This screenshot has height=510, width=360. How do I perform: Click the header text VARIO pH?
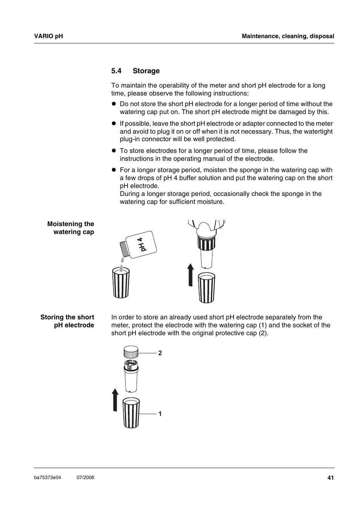point(48,36)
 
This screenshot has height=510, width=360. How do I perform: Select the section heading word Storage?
point(146,71)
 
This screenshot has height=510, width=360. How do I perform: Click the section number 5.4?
point(116,71)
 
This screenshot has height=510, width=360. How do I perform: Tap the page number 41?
point(331,478)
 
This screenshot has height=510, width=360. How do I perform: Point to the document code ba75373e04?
point(47,478)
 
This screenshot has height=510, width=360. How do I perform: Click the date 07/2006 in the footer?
point(85,478)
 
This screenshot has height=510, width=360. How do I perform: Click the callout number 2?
point(160,353)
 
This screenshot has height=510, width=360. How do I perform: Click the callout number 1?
point(160,414)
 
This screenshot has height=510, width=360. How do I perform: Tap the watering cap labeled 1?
point(131,413)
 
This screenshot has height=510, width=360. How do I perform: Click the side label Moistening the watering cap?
point(71,228)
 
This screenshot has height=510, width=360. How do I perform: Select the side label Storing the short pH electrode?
point(68,321)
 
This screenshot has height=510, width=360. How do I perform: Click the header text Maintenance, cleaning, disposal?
point(288,36)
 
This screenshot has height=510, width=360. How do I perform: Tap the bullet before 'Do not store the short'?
point(113,104)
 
